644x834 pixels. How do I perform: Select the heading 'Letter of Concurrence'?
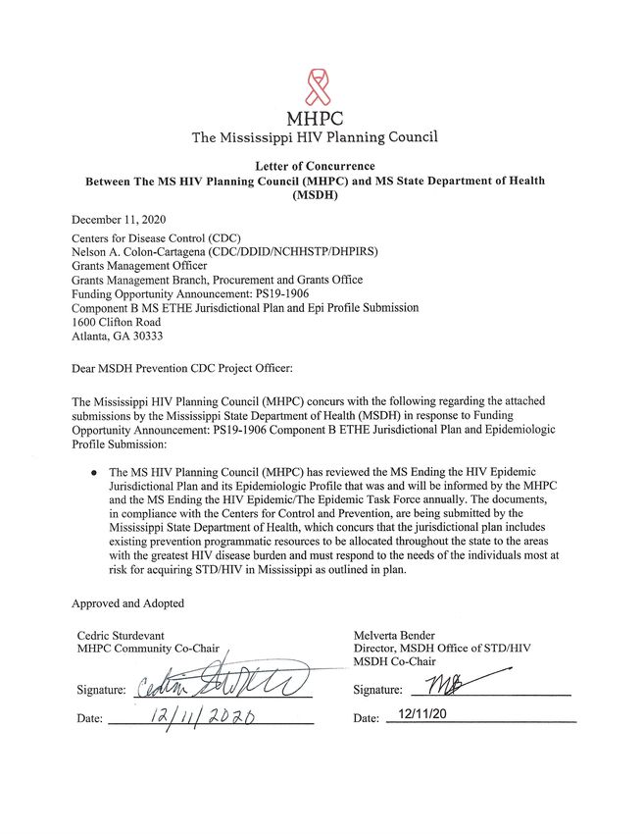point(316,166)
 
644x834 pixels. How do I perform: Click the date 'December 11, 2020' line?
point(121,219)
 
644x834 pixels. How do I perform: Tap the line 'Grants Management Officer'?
point(139,265)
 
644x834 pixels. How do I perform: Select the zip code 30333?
point(154,336)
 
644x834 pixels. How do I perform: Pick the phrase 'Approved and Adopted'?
point(127,602)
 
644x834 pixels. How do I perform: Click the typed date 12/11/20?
point(415,716)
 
